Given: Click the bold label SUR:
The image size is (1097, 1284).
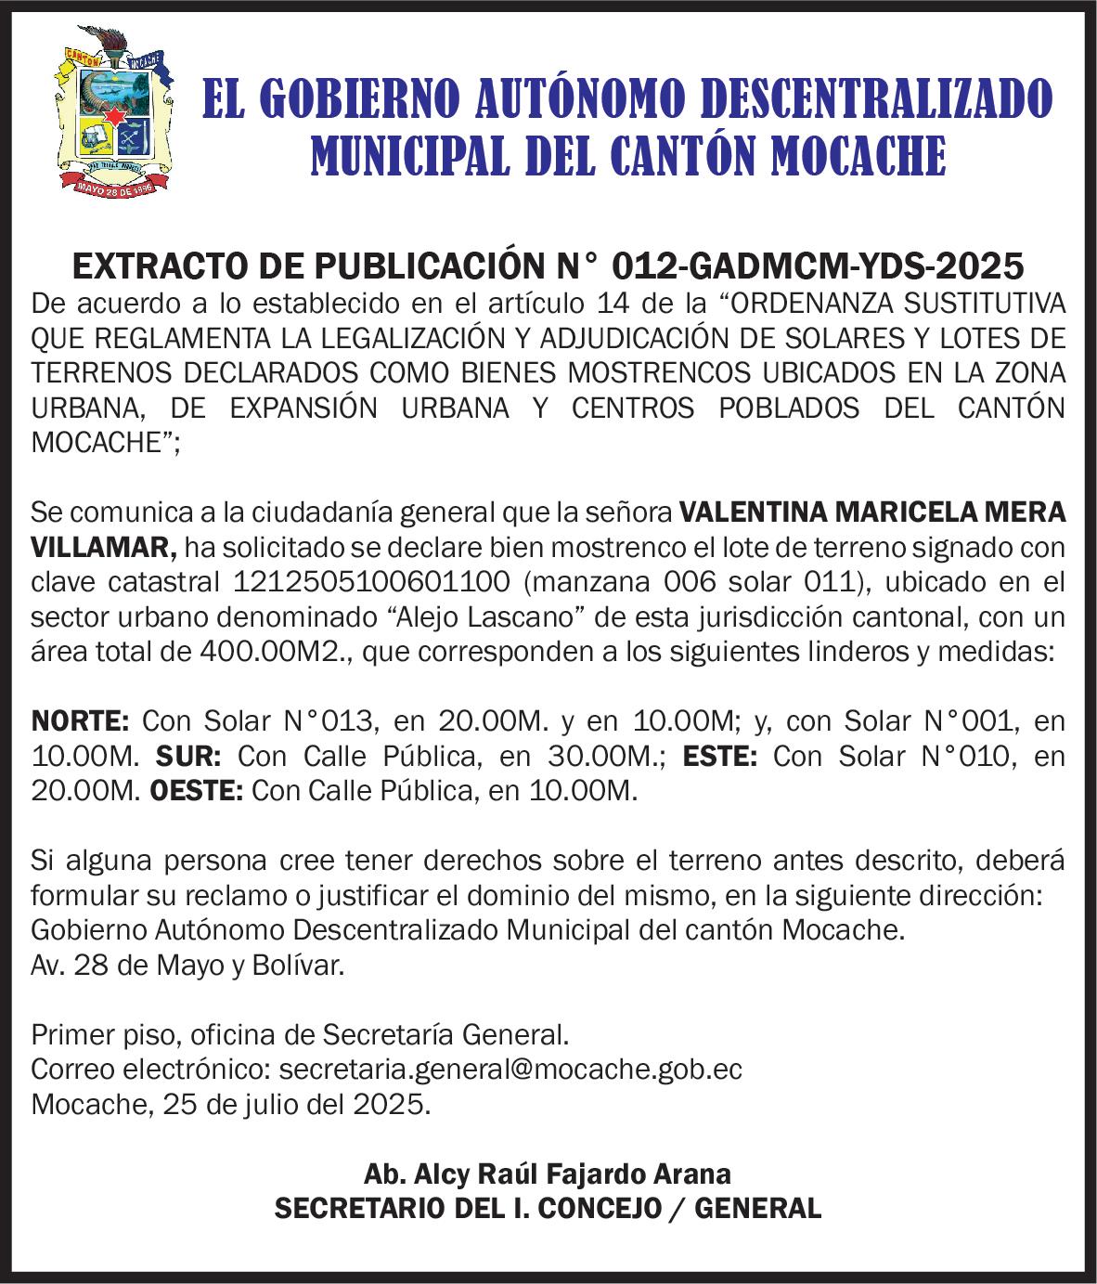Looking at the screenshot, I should [187, 757].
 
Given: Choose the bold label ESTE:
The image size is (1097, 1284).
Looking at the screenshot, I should [720, 757].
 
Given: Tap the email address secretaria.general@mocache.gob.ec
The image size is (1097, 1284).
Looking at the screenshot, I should [510, 1070].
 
